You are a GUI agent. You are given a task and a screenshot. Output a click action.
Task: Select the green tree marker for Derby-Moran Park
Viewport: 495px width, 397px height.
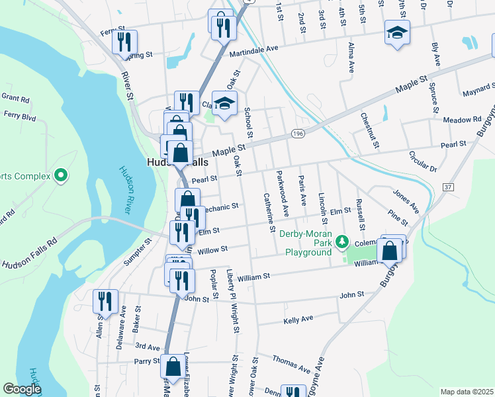click(341, 242)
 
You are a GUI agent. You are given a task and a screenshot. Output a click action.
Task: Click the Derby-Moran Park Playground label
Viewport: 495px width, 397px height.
click(307, 247)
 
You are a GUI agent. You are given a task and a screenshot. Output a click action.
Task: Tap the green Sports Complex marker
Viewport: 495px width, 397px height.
click(61, 175)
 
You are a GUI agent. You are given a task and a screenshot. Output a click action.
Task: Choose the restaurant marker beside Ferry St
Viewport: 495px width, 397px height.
click(124, 42)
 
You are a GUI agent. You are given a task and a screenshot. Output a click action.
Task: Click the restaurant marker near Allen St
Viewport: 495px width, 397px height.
click(105, 301)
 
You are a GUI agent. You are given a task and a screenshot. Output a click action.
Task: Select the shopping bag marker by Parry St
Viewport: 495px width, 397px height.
click(173, 367)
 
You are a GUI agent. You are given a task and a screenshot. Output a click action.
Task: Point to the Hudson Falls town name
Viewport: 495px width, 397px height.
click(177, 162)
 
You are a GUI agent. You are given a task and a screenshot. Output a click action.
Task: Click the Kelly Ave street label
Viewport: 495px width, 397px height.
click(298, 319)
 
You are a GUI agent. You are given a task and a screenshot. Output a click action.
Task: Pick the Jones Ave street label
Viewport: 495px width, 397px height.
click(406, 201)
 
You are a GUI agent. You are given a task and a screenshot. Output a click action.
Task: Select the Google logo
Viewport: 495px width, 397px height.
click(22, 389)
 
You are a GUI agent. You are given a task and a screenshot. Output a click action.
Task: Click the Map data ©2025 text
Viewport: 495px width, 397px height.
click(467, 392)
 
